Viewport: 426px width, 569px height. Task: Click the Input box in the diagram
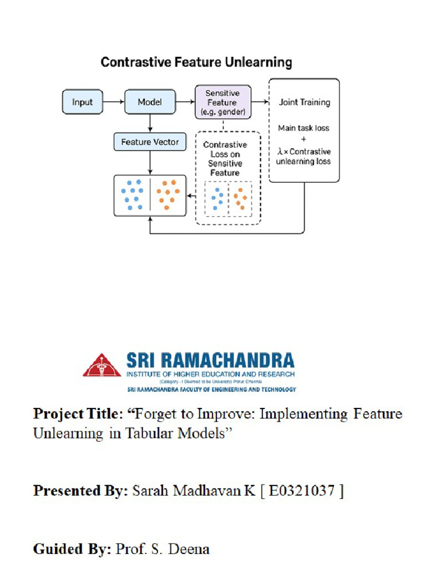pyautogui.click(x=82, y=102)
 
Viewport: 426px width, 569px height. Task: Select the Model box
pyautogui.click(x=150, y=102)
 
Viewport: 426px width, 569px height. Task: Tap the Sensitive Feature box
pyautogui.click(x=222, y=102)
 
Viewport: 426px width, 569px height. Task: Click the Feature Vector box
pyautogui.click(x=150, y=142)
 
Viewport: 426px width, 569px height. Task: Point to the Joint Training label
pyautogui.click(x=304, y=102)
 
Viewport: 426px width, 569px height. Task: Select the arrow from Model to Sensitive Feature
pyautogui.click(x=185, y=102)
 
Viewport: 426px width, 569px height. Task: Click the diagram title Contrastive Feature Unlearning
pyautogui.click(x=196, y=62)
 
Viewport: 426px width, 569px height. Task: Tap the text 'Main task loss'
pyautogui.click(x=303, y=128)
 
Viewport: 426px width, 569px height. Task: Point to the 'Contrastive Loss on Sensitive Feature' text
pyautogui.click(x=225, y=159)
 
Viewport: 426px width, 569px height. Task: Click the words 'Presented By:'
pyautogui.click(x=81, y=491)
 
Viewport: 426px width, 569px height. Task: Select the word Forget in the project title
pyautogui.click(x=158, y=414)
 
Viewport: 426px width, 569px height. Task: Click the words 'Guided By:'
pyautogui.click(x=72, y=550)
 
